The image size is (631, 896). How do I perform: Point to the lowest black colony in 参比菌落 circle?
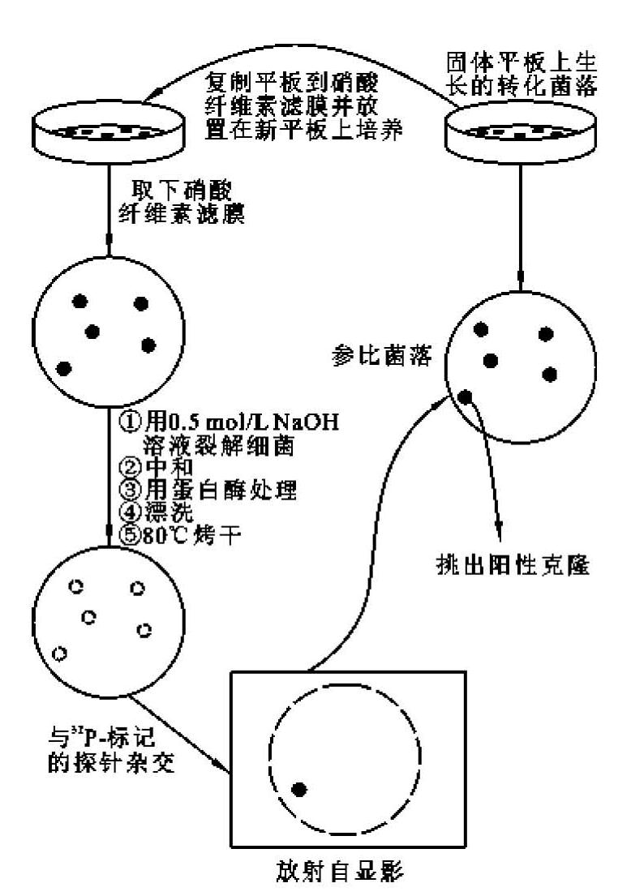pyautogui.click(x=466, y=397)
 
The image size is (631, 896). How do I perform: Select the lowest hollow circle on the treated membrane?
pyautogui.click(x=59, y=654)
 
